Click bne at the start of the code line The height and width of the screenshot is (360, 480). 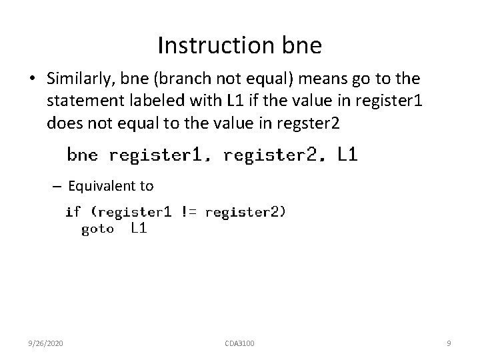pos(82,156)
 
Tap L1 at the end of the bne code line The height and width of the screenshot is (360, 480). pos(347,155)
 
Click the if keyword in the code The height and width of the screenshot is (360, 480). pos(73,212)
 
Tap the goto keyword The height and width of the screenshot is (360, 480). pos(97,229)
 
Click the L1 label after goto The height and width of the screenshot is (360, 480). pos(139,229)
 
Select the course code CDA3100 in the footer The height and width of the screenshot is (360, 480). pos(239,343)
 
